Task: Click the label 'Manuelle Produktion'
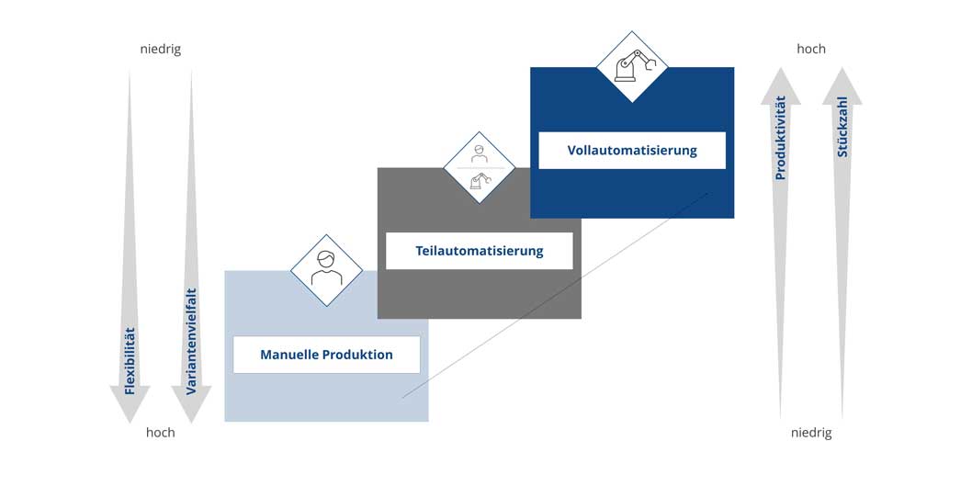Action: click(327, 356)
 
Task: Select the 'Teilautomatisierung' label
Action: click(480, 251)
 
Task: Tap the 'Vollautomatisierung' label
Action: click(632, 150)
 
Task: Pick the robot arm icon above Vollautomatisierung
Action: click(632, 66)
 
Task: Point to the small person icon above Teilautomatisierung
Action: click(480, 153)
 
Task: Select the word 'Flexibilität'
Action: click(130, 361)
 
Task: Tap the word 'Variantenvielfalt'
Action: click(191, 342)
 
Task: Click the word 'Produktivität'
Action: click(781, 138)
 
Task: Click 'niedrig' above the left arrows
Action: click(161, 50)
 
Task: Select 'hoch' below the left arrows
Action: click(161, 433)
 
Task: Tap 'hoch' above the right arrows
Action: click(811, 49)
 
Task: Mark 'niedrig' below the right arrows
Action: click(811, 433)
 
